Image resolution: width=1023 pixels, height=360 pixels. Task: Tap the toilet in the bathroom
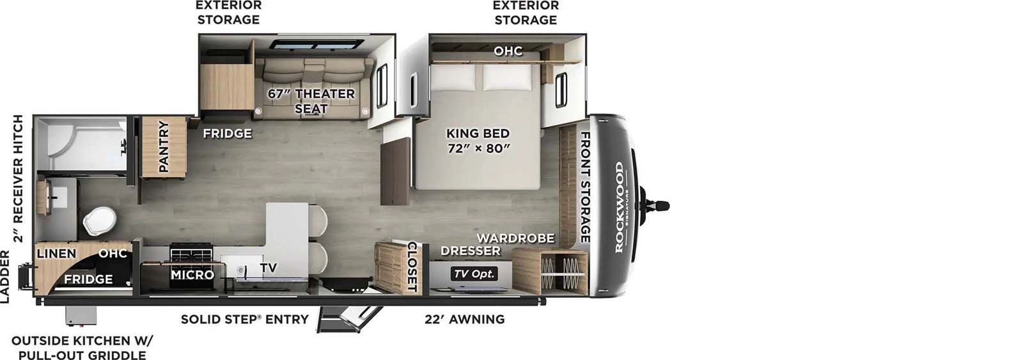point(98,221)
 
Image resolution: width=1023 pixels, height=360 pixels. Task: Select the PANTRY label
point(164,146)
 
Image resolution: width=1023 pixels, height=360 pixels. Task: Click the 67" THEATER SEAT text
point(311,101)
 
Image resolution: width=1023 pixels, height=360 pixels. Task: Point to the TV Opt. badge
point(474,274)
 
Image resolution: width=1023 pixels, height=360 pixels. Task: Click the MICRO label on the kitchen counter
point(192,274)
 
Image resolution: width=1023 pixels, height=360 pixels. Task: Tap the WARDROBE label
point(515,238)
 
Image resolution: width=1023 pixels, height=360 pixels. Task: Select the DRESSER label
point(471,251)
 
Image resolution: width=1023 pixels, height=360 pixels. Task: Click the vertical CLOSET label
point(412,267)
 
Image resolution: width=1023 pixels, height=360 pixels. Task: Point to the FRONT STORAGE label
point(584,187)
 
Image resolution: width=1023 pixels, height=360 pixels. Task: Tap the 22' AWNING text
point(464,319)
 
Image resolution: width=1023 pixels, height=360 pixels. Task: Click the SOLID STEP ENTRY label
point(244,319)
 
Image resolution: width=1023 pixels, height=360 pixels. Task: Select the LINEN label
point(56,254)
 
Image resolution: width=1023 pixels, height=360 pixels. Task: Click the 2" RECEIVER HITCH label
point(19,178)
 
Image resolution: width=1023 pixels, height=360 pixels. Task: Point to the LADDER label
point(5,277)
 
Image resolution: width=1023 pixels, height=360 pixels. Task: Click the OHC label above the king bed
point(508,51)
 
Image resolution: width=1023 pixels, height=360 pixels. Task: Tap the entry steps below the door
point(348,318)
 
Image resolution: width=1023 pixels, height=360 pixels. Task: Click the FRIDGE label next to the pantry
point(227,133)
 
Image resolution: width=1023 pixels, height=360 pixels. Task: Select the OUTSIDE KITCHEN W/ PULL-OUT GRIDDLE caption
point(82,348)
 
